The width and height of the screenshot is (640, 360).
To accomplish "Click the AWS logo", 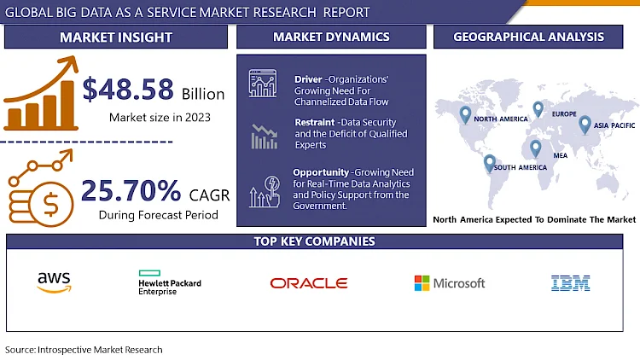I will [55, 282].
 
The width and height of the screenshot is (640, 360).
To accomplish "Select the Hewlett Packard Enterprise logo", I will [169, 283].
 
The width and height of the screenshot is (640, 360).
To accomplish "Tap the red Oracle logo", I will [308, 283].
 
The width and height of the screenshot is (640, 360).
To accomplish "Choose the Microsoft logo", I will [449, 283].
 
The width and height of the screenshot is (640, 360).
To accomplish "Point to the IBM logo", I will [571, 283].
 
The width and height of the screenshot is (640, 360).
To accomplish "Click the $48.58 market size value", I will [128, 90].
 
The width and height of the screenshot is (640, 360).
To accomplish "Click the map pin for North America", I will [465, 113].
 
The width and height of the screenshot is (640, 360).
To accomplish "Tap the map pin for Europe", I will [538, 108].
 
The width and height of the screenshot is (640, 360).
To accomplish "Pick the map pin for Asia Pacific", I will [585, 125].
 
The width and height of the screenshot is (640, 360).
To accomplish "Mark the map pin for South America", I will [490, 162].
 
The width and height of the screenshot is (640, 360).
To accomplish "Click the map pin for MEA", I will [535, 148].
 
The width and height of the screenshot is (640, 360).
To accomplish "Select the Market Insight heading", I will [116, 37].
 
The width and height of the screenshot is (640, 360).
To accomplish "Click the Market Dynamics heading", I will [331, 37].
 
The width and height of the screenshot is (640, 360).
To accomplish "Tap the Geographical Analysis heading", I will [528, 37].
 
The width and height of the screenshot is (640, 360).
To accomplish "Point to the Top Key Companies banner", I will [314, 241].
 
